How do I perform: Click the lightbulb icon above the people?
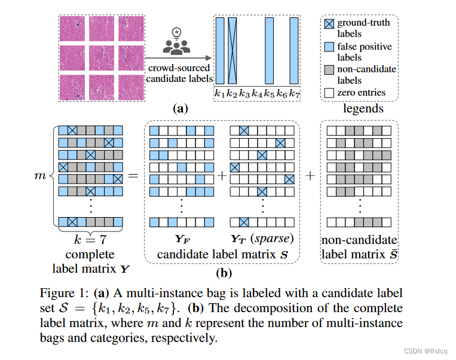point(176,32)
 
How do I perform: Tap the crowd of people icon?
point(176,47)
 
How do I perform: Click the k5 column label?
point(269,93)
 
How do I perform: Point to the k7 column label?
point(294,93)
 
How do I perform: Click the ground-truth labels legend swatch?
point(328,23)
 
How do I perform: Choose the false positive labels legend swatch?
point(328,47)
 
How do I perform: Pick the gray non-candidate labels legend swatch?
point(328,69)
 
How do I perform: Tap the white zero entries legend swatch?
point(328,92)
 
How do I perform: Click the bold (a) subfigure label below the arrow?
point(180,109)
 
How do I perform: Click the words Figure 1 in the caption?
point(62,293)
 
